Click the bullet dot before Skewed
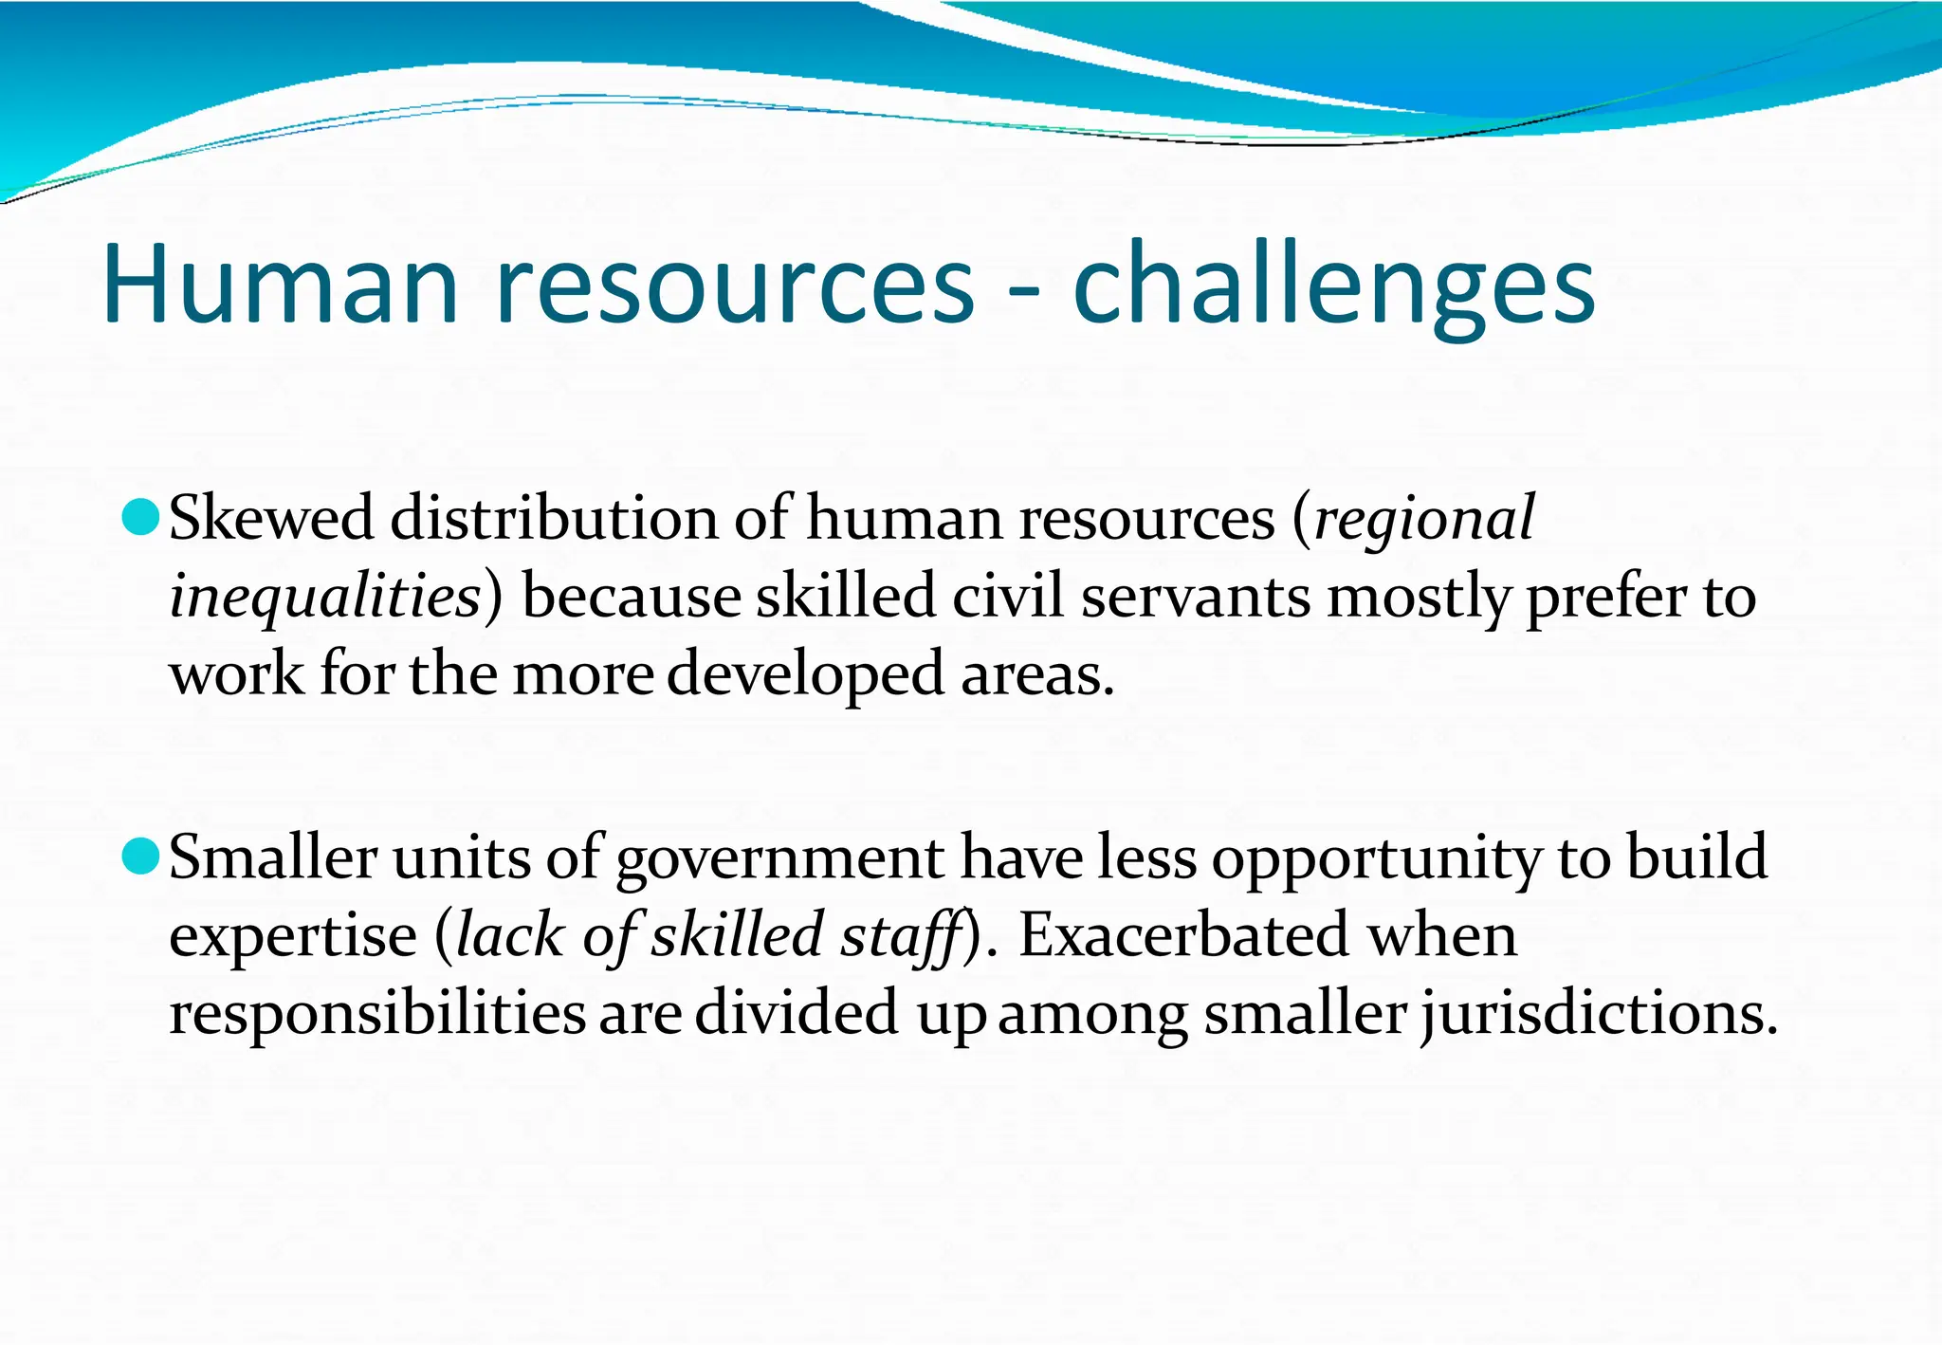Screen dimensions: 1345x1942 click(x=141, y=518)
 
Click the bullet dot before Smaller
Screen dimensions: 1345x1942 click(x=141, y=857)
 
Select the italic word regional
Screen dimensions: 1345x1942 click(x=1424, y=520)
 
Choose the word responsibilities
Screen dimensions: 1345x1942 click(x=377, y=1013)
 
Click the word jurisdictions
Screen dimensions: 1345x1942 click(x=1599, y=1013)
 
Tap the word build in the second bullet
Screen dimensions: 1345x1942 click(x=1697, y=857)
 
